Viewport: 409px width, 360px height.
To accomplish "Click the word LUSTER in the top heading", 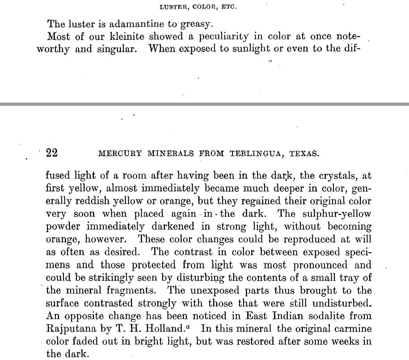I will coord(172,7).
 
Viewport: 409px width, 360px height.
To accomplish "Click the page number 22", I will coord(51,153).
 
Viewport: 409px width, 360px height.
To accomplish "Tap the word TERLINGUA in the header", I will coord(258,153).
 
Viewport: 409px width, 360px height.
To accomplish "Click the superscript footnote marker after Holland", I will coord(188,326).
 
